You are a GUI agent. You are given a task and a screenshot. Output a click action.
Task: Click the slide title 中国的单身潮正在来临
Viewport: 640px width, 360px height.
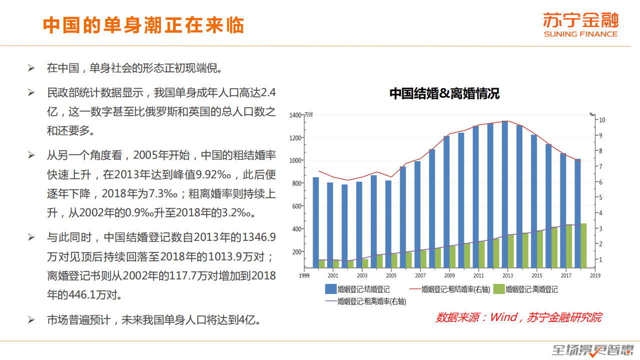tap(143, 25)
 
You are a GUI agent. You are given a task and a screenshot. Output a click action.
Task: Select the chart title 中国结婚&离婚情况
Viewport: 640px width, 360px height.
tap(444, 94)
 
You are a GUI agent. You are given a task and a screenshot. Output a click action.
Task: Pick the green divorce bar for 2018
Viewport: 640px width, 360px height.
tap(583, 245)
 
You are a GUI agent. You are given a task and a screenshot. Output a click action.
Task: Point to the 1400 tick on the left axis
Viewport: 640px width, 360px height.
tap(295, 115)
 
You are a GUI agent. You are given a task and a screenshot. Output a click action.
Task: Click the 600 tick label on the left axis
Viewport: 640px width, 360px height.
tap(296, 206)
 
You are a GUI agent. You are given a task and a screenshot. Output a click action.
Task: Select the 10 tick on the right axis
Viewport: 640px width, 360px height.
tap(602, 120)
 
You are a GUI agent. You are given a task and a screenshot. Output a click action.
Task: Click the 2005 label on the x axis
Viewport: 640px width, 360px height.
tap(391, 275)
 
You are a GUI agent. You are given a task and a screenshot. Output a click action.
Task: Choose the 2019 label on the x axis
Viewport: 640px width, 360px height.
tap(595, 275)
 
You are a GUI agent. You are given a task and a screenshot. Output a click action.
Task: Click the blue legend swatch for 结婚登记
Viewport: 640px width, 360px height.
tap(330, 289)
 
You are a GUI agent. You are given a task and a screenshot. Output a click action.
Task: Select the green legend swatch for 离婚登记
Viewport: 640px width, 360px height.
tap(498, 289)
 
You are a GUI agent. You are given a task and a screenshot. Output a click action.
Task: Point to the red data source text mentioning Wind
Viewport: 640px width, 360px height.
tap(518, 317)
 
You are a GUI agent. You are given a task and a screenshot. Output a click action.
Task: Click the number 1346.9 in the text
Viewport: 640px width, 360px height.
tap(260, 237)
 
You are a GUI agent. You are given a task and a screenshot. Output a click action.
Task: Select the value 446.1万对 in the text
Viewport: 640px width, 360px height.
tap(100, 294)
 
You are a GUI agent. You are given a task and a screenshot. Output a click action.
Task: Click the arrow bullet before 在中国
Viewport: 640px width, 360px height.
tap(31, 68)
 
